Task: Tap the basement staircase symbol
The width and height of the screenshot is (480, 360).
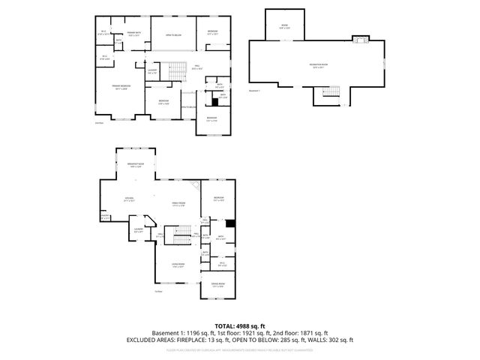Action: pos(328,91)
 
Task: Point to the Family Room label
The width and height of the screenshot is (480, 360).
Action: pos(178,204)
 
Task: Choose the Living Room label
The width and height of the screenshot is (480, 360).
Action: pos(178,264)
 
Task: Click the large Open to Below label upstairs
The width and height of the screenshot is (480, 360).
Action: pos(173,34)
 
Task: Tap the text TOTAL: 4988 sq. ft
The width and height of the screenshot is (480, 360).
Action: pos(239,325)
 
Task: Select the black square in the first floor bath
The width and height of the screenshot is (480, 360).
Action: pos(229,222)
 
